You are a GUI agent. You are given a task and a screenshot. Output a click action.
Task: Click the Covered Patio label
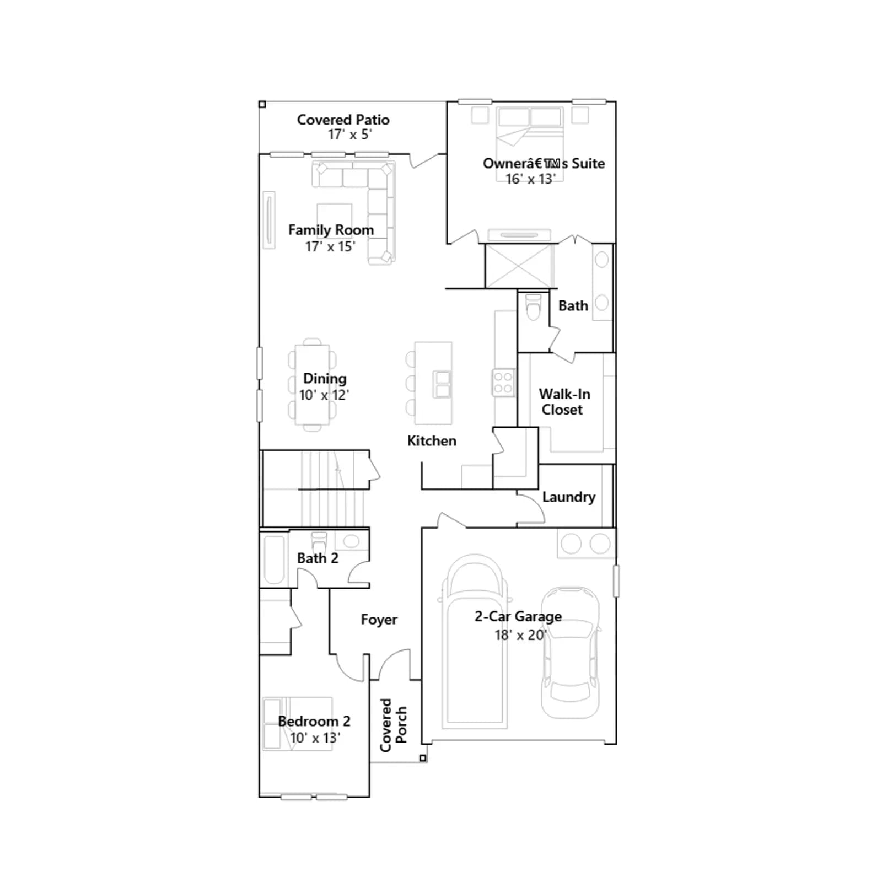[x=343, y=120]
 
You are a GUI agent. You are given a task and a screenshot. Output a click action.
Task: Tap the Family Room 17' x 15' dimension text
[x=330, y=246]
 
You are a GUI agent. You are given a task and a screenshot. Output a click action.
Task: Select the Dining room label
[x=325, y=379]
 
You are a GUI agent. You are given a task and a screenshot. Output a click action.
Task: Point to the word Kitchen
[x=432, y=440]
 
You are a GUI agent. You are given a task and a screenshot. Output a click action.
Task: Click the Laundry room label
[x=569, y=497]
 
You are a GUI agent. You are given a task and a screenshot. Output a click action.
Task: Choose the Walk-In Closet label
[x=564, y=402]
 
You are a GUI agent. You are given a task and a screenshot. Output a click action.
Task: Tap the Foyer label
[x=379, y=620]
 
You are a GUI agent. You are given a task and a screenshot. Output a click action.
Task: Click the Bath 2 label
[x=318, y=558]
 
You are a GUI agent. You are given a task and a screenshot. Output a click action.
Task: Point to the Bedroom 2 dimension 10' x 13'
[x=315, y=738]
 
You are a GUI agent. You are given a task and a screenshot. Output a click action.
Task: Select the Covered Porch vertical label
[x=393, y=725]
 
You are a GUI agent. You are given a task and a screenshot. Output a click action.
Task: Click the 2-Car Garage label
[x=518, y=616]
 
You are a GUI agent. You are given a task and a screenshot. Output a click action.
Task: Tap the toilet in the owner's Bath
[x=534, y=307]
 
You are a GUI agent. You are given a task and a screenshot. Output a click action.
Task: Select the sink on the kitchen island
[x=442, y=384]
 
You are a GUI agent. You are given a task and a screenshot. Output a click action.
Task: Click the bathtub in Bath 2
[x=274, y=560]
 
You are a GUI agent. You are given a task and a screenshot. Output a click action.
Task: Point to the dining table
[x=313, y=384]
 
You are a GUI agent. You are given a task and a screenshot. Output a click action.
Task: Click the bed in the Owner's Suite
[x=530, y=143]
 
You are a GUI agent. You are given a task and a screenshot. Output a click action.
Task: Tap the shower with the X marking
[x=519, y=266]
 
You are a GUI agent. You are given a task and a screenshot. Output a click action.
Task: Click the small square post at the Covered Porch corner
[x=423, y=759]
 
